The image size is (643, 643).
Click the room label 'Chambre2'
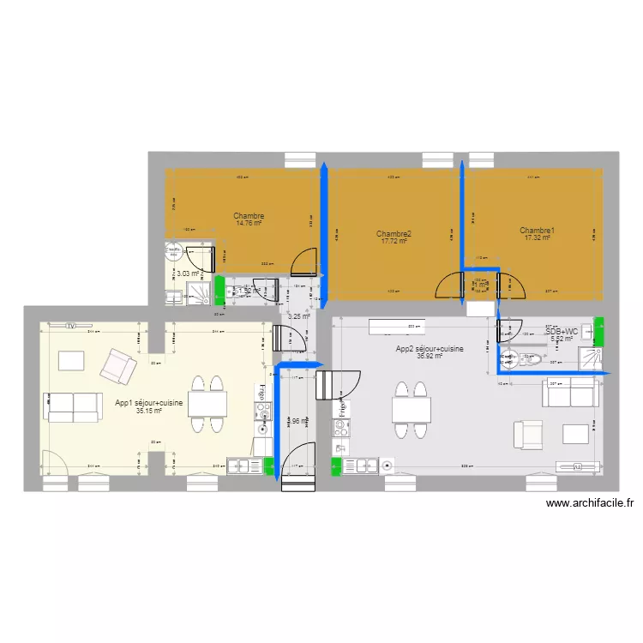pyautogui.click(x=394, y=234)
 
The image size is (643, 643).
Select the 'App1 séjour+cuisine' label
pyautogui.click(x=149, y=403)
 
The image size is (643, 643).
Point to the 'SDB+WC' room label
pyautogui.click(x=562, y=331)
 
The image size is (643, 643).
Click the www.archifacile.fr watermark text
pyautogui.click(x=588, y=504)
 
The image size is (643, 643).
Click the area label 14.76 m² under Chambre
pyautogui.click(x=249, y=224)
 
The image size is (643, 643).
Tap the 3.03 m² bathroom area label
pyautogui.click(x=187, y=274)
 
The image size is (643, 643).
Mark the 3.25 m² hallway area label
pyautogui.click(x=297, y=316)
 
